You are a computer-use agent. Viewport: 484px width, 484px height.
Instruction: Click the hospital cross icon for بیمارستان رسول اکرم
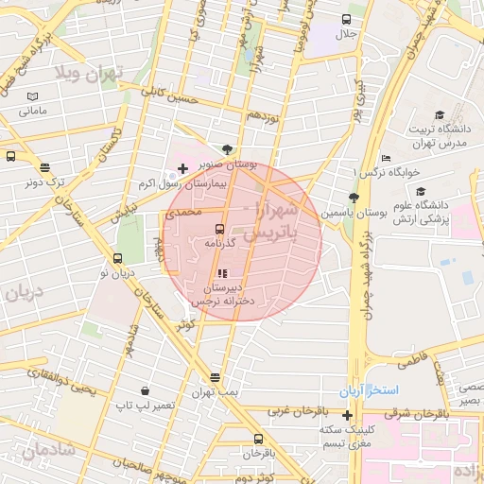pos(182,168)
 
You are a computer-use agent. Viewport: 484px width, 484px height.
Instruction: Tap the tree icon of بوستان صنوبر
pos(227,149)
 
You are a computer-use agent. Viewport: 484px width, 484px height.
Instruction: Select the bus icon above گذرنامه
pos(219,229)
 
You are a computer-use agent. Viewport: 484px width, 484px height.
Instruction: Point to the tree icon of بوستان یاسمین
pos(354,198)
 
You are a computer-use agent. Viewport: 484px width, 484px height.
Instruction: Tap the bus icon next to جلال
pos(347,20)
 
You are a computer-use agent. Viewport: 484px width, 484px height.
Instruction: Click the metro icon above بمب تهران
pos(216,376)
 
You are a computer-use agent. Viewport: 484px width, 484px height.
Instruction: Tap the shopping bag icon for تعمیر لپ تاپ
pos(144,390)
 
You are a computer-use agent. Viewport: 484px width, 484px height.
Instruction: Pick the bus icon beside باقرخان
pos(258,439)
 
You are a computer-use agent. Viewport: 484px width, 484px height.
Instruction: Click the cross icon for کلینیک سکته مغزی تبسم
pos(348,415)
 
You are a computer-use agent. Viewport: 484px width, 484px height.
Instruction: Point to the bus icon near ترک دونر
pos(10,157)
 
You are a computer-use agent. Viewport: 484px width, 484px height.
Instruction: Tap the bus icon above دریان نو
pos(117,258)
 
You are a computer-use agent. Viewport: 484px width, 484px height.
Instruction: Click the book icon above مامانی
pos(34,96)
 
